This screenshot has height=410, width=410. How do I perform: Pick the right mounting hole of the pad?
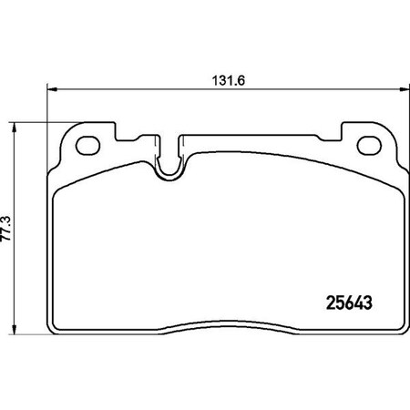point(371,143)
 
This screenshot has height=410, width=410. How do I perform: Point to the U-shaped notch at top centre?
point(169,162)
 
